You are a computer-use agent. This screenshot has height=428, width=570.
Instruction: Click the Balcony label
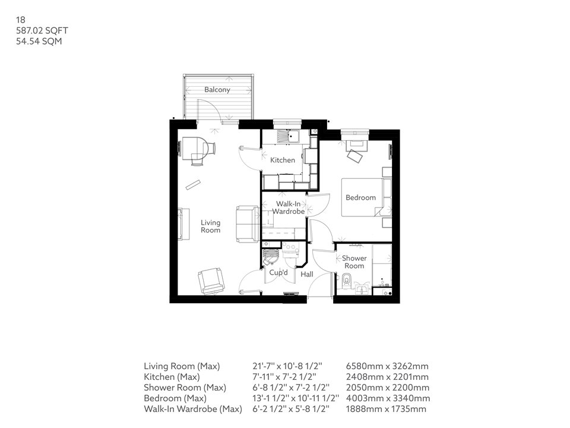pyautogui.click(x=217, y=90)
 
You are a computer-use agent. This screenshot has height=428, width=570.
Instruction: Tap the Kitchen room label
pyautogui.click(x=283, y=160)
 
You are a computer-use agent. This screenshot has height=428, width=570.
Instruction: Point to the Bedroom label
pyautogui.click(x=361, y=197)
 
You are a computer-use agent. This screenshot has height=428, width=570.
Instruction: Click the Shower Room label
pyautogui.click(x=354, y=262)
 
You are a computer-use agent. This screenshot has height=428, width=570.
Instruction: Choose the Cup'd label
pyautogui.click(x=278, y=273)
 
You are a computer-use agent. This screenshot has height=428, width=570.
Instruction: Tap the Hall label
pyautogui.click(x=307, y=275)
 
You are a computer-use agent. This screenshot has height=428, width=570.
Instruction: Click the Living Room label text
pyautogui.click(x=210, y=226)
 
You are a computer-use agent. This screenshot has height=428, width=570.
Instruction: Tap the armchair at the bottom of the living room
pyautogui.click(x=211, y=280)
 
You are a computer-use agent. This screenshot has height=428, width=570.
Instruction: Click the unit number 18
pyautogui.click(x=20, y=20)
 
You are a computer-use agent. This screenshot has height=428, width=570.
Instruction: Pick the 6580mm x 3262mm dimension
pyautogui.click(x=387, y=366)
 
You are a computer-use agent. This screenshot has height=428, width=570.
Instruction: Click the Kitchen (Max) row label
pyautogui.click(x=172, y=377)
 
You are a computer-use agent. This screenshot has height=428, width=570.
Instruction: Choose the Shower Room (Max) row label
pyautogui.click(x=185, y=388)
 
